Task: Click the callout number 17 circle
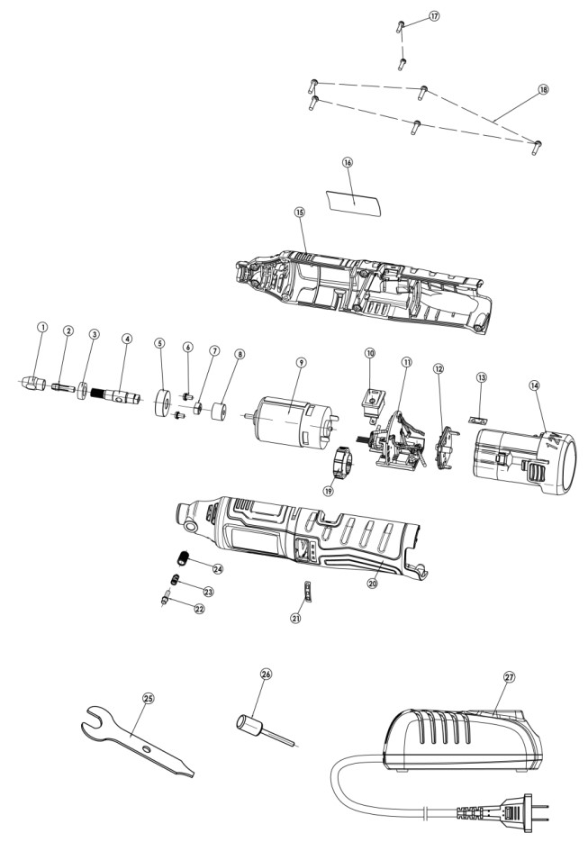tap(435, 17)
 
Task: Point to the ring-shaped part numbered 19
tap(339, 462)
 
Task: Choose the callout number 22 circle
tap(198, 608)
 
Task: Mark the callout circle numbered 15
tap(300, 213)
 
